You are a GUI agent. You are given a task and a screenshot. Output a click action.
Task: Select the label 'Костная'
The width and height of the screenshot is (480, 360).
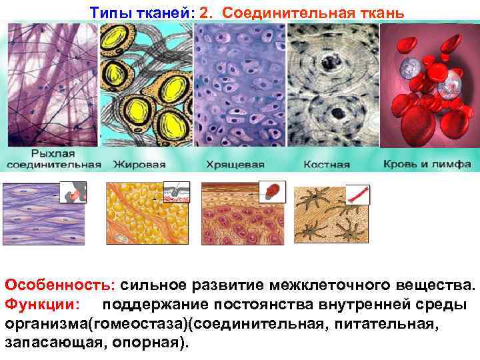click(x=327, y=165)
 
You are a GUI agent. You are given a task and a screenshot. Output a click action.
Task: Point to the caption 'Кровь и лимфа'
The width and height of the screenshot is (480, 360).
click(x=427, y=165)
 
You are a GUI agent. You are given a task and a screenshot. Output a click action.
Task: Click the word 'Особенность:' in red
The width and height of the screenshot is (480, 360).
click(x=60, y=285)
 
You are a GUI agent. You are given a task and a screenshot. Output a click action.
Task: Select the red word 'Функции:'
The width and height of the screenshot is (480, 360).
click(x=41, y=304)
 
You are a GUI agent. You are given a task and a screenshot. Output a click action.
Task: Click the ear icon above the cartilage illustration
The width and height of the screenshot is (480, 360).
click(x=273, y=191)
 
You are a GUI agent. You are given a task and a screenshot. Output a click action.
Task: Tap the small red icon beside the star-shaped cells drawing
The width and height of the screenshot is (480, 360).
click(x=357, y=195)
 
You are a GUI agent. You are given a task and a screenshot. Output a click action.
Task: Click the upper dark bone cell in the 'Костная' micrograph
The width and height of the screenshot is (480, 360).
click(x=329, y=63)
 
